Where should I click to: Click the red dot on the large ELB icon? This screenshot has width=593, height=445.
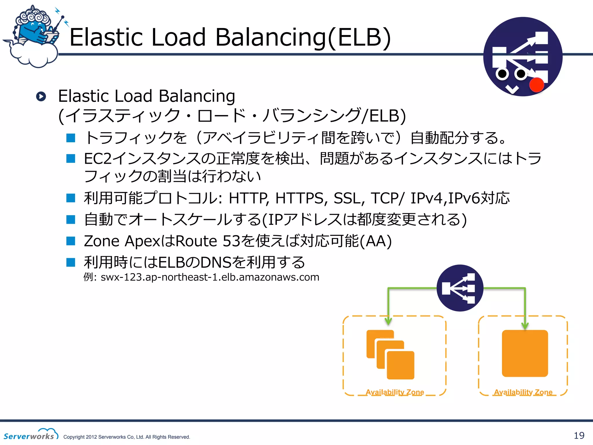[536, 85]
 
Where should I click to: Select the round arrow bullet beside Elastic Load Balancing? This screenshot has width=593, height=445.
[41, 96]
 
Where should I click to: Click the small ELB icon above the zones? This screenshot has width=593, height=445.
[460, 288]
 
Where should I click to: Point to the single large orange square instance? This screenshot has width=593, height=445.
[525, 353]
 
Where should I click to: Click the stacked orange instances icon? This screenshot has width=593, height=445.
[390, 354]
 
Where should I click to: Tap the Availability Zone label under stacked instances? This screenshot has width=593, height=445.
[395, 392]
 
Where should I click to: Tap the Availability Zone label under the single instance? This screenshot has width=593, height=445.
[523, 392]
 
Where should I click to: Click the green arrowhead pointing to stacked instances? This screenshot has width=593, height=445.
[388, 321]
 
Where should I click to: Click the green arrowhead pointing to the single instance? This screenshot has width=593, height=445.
[525, 326]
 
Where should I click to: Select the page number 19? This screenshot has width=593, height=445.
[579, 435]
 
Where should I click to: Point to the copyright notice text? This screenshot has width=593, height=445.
[127, 437]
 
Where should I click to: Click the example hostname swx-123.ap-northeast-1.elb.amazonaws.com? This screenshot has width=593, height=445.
[210, 277]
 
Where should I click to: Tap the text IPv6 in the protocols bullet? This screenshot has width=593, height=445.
[464, 198]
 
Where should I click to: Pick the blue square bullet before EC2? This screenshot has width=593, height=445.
[71, 158]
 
